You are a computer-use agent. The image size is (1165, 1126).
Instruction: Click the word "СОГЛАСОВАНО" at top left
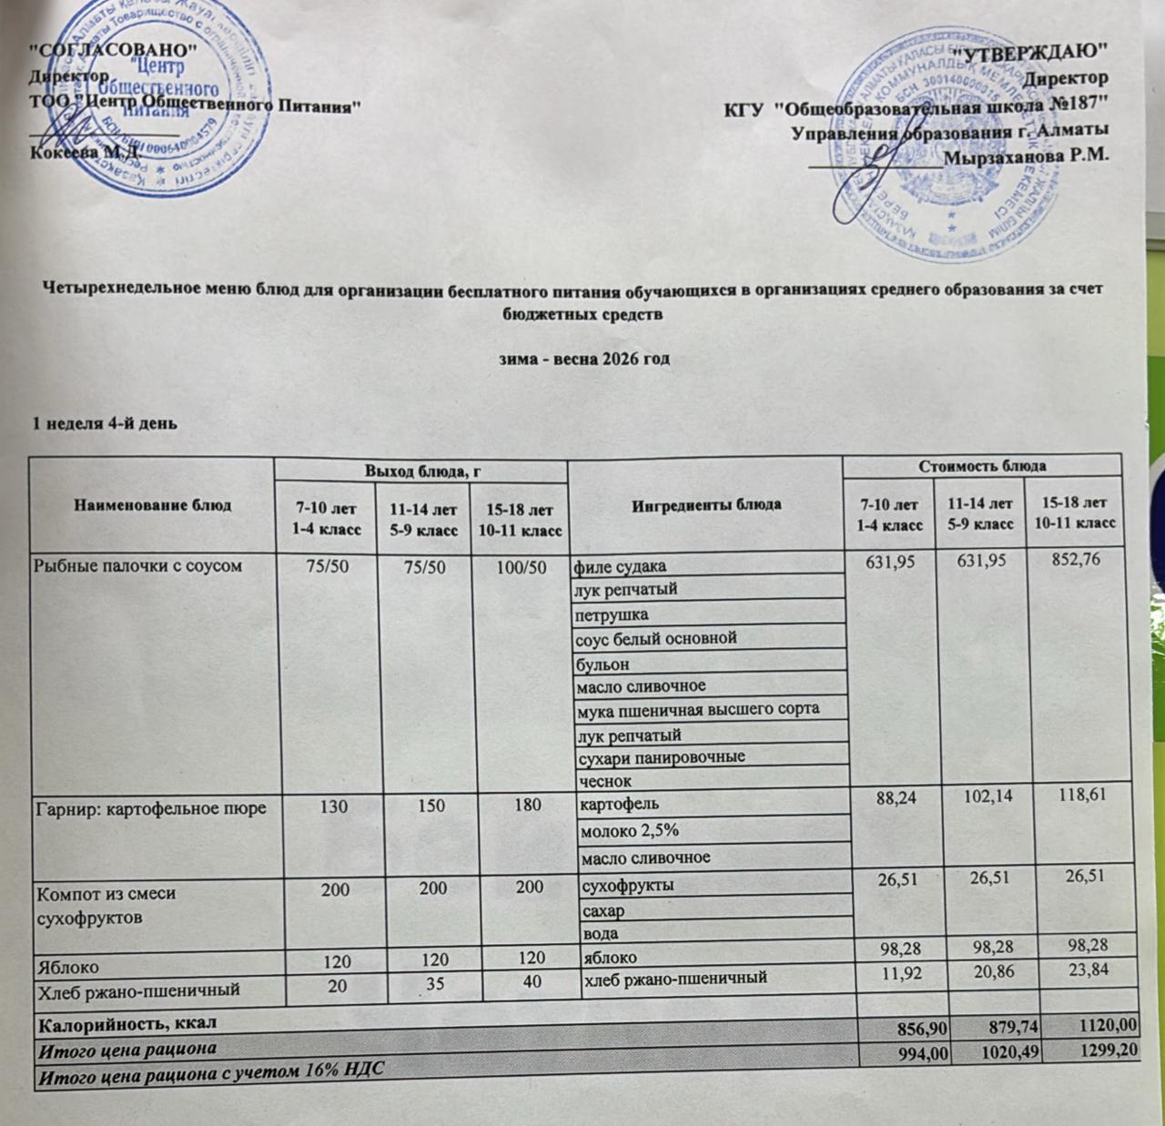click(115, 46)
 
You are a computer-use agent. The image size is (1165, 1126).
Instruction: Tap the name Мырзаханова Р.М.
click(1027, 156)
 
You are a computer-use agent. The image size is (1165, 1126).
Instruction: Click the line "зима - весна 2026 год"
click(585, 359)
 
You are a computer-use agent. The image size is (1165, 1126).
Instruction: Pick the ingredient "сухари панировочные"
click(661, 757)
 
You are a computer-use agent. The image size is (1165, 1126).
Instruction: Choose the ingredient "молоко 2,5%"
click(626, 830)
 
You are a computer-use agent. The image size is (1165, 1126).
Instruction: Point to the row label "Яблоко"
click(67, 960)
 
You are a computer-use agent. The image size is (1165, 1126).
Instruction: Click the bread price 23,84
click(1088, 970)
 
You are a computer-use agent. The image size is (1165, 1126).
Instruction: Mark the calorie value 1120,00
click(1102, 1025)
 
